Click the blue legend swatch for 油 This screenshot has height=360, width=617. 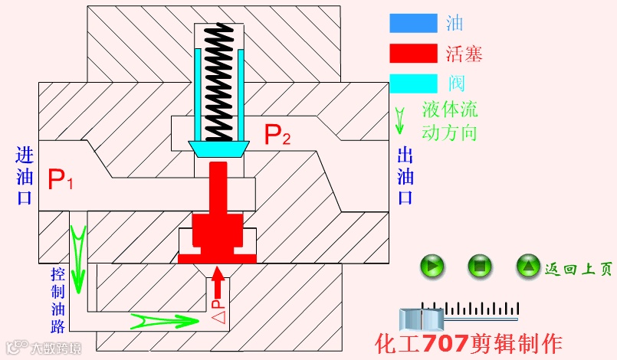point(414,23)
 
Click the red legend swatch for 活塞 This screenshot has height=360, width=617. point(414,53)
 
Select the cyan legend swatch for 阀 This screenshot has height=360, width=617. point(414,81)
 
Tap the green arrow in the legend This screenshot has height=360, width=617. point(399,118)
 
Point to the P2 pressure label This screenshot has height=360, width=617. point(277,135)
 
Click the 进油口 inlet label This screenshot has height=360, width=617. point(25,176)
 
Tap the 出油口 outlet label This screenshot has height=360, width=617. point(405,176)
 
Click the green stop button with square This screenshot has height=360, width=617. point(480,267)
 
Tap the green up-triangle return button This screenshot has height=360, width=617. point(528,267)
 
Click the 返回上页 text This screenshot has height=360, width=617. point(579,269)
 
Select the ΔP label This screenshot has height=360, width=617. point(218,313)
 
